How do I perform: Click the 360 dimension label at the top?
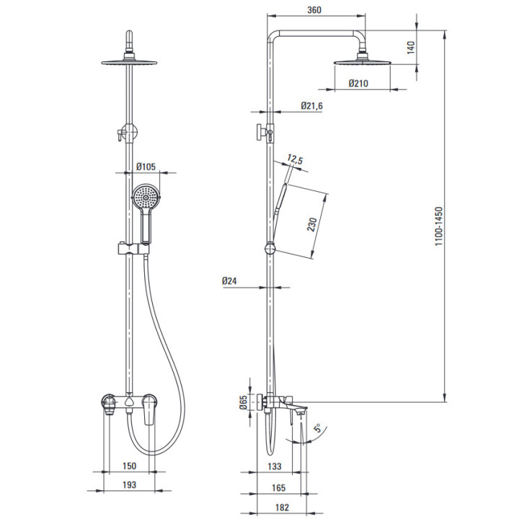pyautogui.click(x=314, y=9)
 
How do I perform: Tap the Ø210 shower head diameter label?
pyautogui.click(x=358, y=83)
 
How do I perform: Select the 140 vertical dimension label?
pyautogui.click(x=410, y=48)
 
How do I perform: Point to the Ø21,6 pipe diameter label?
pyautogui.click(x=311, y=106)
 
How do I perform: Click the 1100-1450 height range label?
pyautogui.click(x=438, y=226)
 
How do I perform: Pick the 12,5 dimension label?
pyautogui.click(x=295, y=159)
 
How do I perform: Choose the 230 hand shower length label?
pyautogui.click(x=312, y=225)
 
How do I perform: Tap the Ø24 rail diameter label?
pyautogui.click(x=229, y=281)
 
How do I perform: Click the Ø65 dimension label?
pyautogui.click(x=244, y=402)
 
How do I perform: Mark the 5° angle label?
pyautogui.click(x=318, y=428)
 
